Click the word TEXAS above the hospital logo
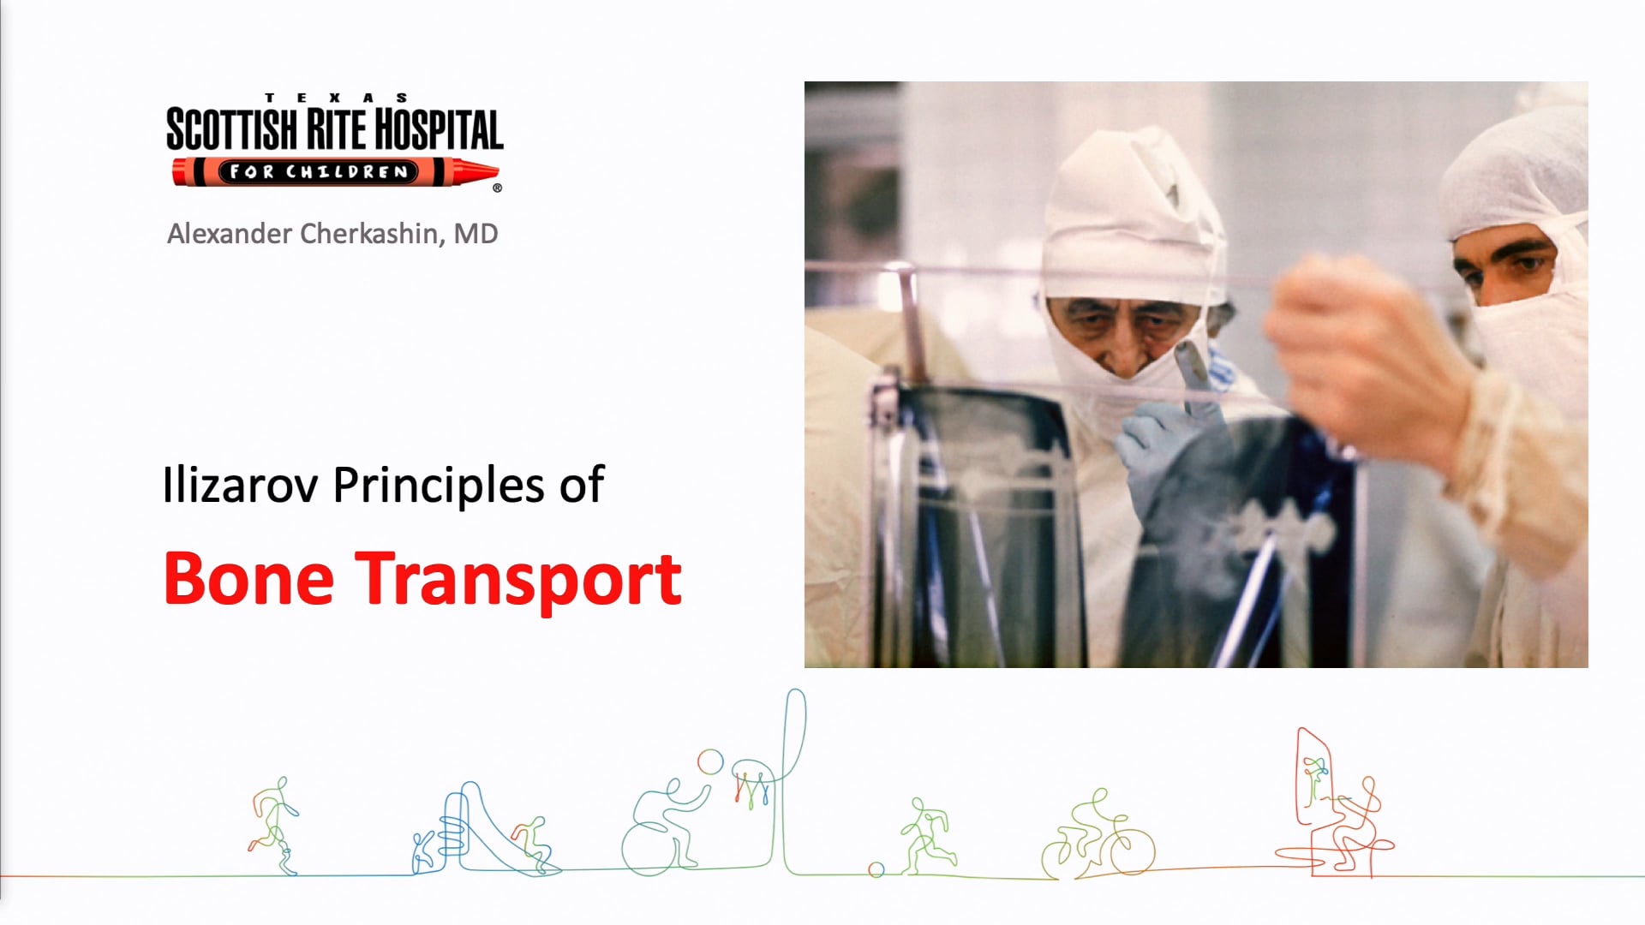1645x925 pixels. pyautogui.click(x=336, y=98)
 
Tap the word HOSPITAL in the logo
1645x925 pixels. pyautogui.click(x=439, y=130)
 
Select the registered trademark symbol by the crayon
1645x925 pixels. pyautogui.click(x=498, y=188)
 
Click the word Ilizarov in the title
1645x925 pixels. pyautogui.click(x=240, y=486)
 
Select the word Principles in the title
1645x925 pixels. pyautogui.click(x=439, y=486)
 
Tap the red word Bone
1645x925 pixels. pyautogui.click(x=248, y=580)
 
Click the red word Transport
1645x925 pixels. pyautogui.click(x=518, y=580)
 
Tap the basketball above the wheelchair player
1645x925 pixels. pyautogui.click(x=710, y=761)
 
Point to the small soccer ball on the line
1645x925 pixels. pyautogui.click(x=876, y=869)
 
